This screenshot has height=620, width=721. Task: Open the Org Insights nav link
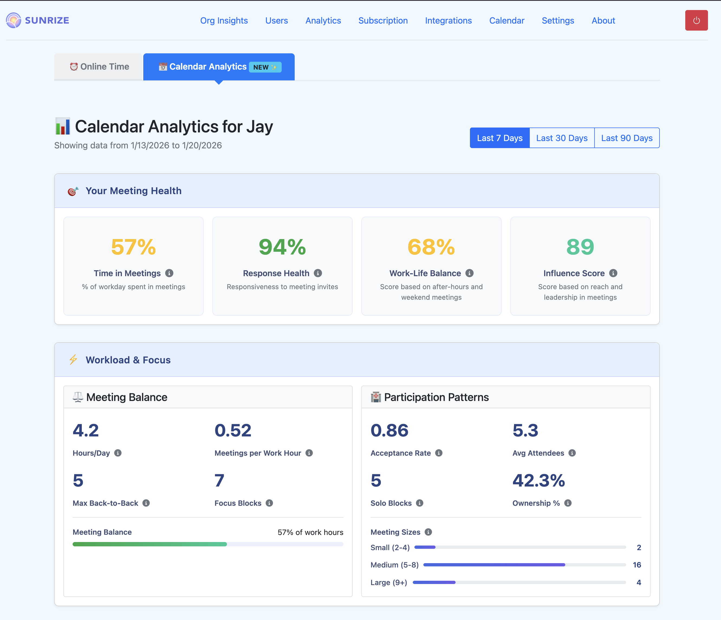(x=224, y=21)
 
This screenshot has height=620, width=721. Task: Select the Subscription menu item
(x=383, y=21)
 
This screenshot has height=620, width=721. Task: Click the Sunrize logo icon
(x=14, y=21)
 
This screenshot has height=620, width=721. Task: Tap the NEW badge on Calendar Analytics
(x=265, y=67)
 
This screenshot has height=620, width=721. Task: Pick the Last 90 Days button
(x=626, y=138)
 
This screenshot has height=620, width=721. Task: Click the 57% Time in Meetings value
(x=133, y=247)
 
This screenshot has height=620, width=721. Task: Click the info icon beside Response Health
(x=318, y=273)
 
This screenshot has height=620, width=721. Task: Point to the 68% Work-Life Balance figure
(x=431, y=247)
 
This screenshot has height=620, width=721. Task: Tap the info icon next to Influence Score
(x=613, y=273)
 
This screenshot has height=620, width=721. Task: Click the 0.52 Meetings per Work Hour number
(x=233, y=430)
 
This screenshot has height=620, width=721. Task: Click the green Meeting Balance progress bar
(x=150, y=544)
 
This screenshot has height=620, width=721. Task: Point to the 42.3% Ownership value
(x=538, y=481)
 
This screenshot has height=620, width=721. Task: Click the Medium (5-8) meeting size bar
(x=494, y=565)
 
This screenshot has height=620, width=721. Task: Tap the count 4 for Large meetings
(x=639, y=582)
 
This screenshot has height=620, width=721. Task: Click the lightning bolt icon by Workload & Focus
(x=73, y=360)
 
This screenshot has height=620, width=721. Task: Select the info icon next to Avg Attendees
(x=572, y=453)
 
